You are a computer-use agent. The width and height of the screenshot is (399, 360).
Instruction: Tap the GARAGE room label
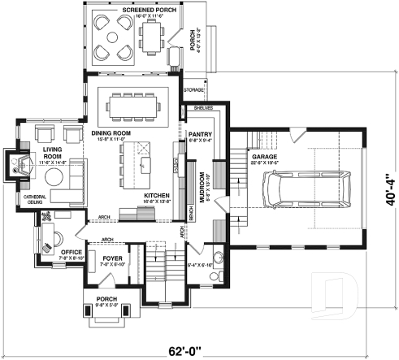(x=266, y=157)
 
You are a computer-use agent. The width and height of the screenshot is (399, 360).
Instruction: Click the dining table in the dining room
(x=135, y=103)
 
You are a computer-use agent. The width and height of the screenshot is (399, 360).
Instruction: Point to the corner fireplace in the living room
(x=18, y=166)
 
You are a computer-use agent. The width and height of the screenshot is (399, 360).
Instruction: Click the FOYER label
(x=112, y=258)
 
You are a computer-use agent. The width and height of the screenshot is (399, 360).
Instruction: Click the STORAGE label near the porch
(x=193, y=89)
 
